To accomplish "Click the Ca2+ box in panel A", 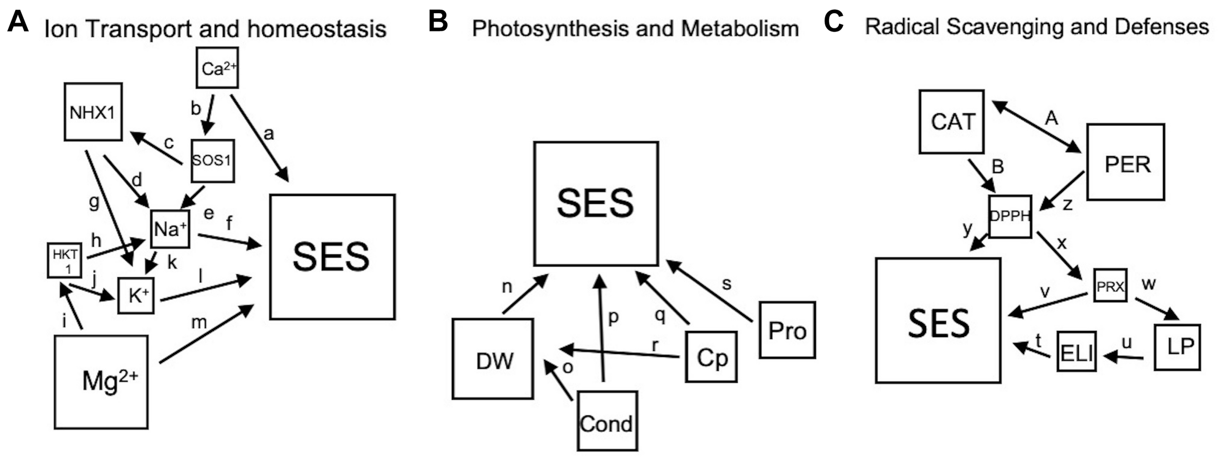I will pyautogui.click(x=217, y=68).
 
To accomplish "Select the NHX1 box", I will pyautogui.click(x=93, y=112).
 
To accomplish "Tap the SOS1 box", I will pyautogui.click(x=213, y=161).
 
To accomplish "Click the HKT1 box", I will pyautogui.click(x=64, y=260).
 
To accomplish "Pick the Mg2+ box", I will pyautogui.click(x=101, y=382).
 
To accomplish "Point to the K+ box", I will pyautogui.click(x=136, y=296).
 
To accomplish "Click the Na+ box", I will pyautogui.click(x=170, y=229).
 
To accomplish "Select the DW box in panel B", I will pyautogui.click(x=492, y=359).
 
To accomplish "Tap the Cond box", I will pyautogui.click(x=607, y=420).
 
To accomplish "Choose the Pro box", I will pyautogui.click(x=787, y=330).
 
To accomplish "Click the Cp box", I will pyautogui.click(x=711, y=356).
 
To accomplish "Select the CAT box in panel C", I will pyautogui.click(x=951, y=122).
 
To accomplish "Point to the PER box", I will pyautogui.click(x=1125, y=162).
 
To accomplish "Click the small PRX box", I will pyautogui.click(x=1110, y=285).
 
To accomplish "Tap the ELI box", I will pyautogui.click(x=1076, y=352).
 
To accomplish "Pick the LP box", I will pyautogui.click(x=1177, y=347).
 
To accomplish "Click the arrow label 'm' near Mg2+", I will pyautogui.click(x=199, y=322).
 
